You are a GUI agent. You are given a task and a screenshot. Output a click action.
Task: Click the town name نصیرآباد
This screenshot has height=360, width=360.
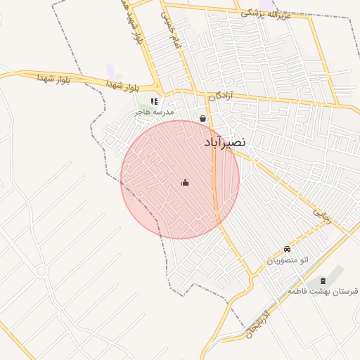coord(225,142)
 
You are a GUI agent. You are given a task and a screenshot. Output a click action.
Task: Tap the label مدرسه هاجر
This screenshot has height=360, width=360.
coord(158,112)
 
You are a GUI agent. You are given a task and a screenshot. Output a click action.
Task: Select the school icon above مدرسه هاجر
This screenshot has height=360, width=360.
coord(154,102)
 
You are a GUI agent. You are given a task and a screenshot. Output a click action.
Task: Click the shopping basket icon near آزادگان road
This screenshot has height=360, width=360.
coord(203,119)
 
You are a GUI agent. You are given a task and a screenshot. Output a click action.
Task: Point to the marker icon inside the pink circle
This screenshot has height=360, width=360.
coord(185,183)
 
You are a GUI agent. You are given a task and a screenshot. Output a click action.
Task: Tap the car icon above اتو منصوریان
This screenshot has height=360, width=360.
coord(287,250)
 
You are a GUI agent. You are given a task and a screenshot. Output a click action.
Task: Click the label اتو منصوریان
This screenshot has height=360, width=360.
coord(287,261)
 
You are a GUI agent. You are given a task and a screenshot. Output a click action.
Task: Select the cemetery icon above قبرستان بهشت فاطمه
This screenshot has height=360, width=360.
coord(323,281)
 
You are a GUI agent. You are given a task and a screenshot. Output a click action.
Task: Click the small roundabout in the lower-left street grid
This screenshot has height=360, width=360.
coord(41,271)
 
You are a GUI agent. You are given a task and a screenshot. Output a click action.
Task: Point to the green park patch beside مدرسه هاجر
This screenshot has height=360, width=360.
coord(141,110)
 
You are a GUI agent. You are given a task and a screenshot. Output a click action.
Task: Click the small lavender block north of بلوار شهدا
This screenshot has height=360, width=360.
coord(110,70)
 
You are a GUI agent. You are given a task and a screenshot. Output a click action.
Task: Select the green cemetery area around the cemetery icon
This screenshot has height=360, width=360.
coord(334,276)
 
